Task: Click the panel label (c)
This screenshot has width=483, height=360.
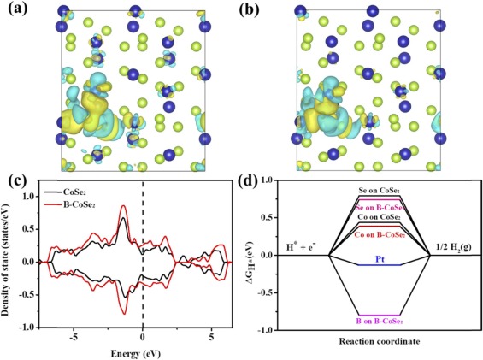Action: [x=15, y=180]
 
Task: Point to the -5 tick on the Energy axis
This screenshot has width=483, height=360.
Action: [x=76, y=336]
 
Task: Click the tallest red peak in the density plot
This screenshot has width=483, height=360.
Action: [x=124, y=206]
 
